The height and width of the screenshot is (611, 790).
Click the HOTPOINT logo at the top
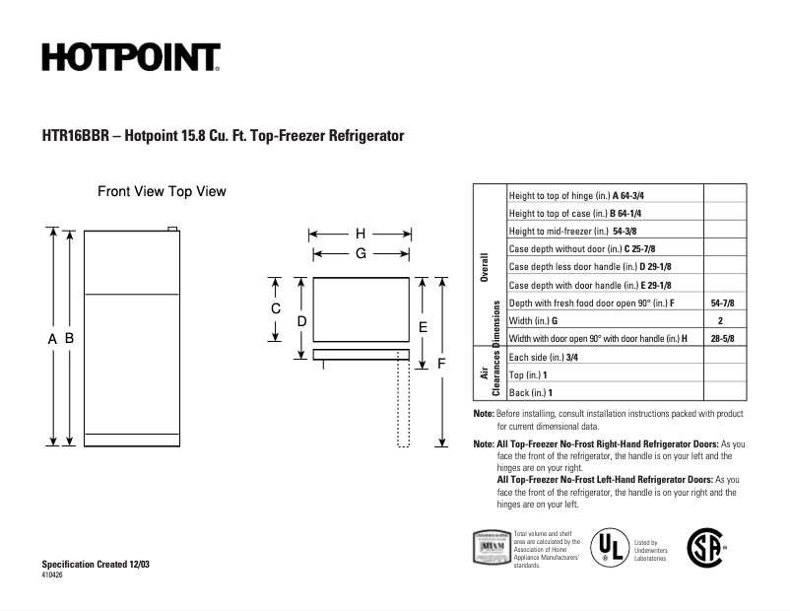tap(130, 57)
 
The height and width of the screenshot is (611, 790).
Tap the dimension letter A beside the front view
tap(51, 338)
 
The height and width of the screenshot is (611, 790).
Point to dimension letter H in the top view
tap(361, 235)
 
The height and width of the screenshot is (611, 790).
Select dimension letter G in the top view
tap(361, 253)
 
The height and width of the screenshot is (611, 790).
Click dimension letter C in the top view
tap(277, 308)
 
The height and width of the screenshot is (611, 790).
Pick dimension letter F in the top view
tap(441, 364)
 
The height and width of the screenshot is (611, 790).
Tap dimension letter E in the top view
tap(423, 326)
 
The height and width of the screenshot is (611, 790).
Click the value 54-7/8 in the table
tap(722, 303)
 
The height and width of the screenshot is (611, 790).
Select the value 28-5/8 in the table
tap(722, 338)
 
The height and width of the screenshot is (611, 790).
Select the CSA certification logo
tap(704, 547)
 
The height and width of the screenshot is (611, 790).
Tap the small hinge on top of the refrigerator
tap(173, 231)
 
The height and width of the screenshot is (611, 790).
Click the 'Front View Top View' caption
tap(162, 191)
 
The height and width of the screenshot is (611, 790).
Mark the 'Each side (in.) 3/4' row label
tap(545, 357)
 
